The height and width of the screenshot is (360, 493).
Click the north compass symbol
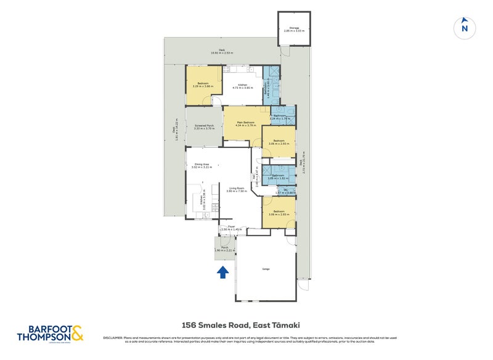tap(465, 28)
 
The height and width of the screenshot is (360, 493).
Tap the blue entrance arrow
tap(223, 271)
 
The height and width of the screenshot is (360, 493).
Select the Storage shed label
tap(294, 29)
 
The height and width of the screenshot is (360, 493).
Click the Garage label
tap(266, 269)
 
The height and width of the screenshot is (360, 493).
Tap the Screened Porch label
tap(203, 127)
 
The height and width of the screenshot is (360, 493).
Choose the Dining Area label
tap(201, 165)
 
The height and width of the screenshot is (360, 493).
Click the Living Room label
tap(236, 189)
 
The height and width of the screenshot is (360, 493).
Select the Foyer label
tap(232, 227)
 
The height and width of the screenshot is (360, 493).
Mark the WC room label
tap(285, 192)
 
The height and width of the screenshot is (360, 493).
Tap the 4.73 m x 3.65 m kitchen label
tap(243, 86)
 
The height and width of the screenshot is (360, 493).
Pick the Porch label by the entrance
tap(224, 248)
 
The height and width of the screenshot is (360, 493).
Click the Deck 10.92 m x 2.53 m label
tap(221, 52)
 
